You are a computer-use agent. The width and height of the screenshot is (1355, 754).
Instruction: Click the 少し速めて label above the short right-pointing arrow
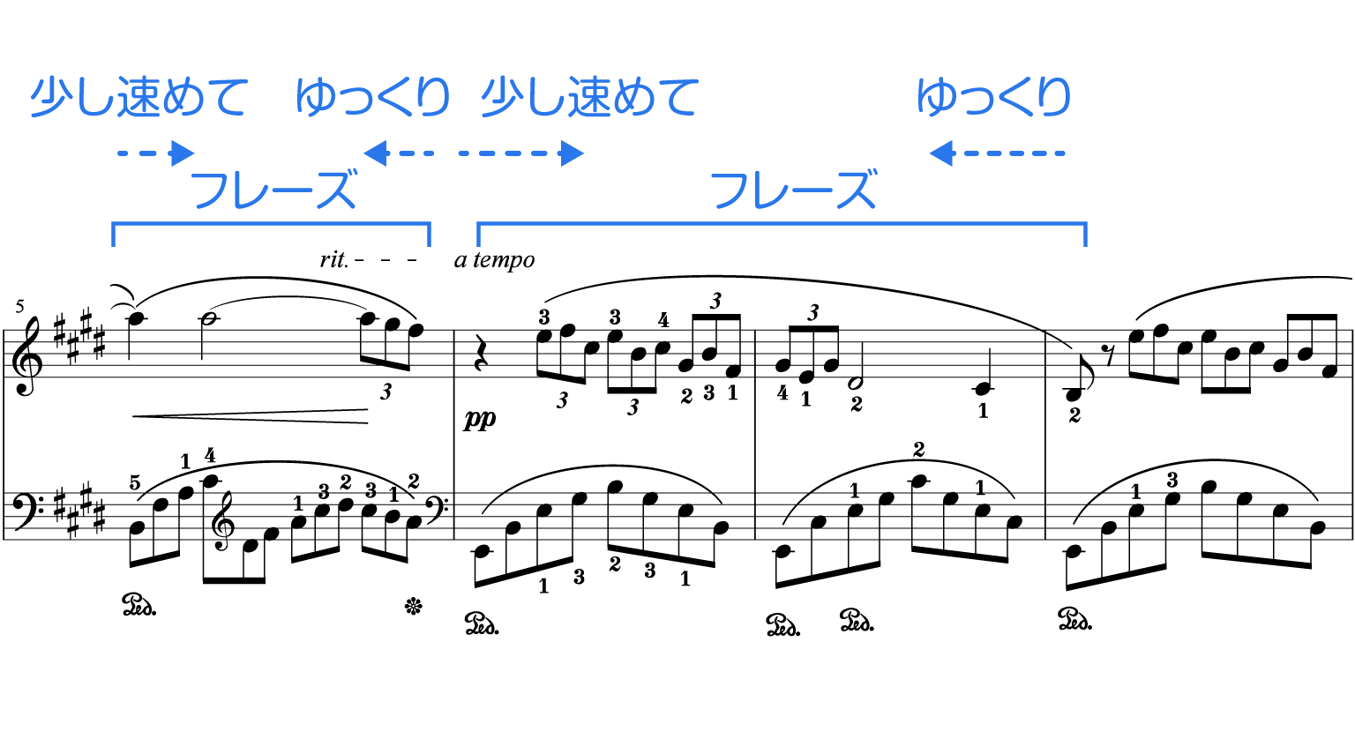(x=138, y=97)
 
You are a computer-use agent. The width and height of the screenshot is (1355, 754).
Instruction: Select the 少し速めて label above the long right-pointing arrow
(x=589, y=97)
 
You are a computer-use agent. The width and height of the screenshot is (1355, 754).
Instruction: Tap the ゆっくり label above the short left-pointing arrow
(x=372, y=97)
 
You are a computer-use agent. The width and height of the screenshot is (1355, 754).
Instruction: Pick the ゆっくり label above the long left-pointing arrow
(x=993, y=97)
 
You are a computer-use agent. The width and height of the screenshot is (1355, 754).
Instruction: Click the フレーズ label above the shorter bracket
(x=274, y=190)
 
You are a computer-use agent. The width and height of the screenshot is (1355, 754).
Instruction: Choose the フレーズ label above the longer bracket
(x=794, y=190)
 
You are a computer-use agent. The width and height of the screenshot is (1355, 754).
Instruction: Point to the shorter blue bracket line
(x=271, y=224)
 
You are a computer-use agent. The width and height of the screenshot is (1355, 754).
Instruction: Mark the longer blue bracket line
(x=782, y=224)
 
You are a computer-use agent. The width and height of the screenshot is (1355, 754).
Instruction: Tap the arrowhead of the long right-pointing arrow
(x=573, y=153)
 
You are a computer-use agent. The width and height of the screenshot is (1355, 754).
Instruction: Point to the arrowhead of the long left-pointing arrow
(x=940, y=153)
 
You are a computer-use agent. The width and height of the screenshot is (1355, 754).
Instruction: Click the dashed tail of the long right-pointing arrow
(x=503, y=153)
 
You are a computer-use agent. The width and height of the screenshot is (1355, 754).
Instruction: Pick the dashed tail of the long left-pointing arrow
(x=1014, y=153)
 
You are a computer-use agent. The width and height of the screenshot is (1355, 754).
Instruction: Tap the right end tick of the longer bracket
(x=1085, y=235)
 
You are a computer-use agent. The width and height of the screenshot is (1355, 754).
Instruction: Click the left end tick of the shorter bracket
(x=114, y=235)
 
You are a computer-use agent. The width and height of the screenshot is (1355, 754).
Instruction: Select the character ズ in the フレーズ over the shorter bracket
(x=335, y=190)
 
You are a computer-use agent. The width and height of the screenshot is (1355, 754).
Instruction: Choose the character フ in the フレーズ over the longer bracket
(x=732, y=190)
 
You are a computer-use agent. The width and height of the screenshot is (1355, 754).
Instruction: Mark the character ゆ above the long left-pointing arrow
(x=935, y=97)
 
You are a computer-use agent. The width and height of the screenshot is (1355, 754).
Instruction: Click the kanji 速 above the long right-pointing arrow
(x=588, y=97)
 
